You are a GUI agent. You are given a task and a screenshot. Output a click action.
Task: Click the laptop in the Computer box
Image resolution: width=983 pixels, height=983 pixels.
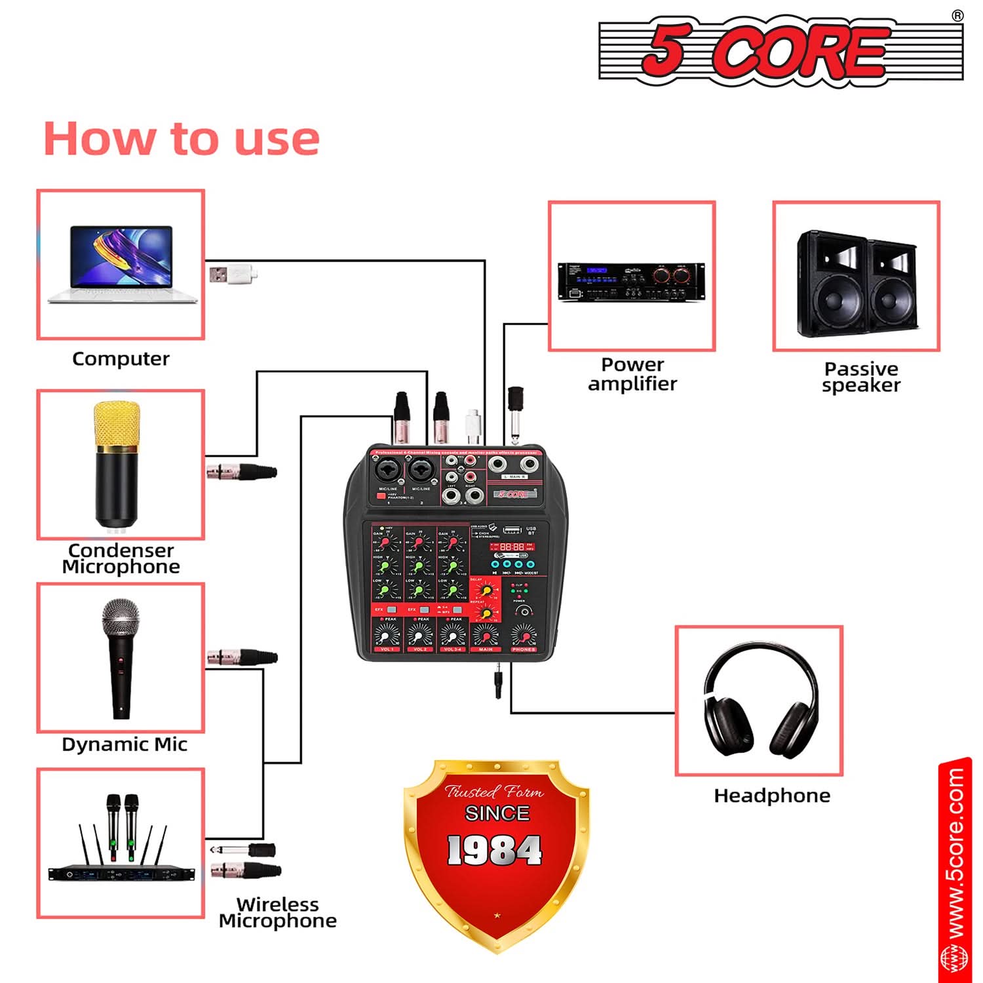122,265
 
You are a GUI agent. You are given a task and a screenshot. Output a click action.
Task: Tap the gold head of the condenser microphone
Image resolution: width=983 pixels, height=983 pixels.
117,424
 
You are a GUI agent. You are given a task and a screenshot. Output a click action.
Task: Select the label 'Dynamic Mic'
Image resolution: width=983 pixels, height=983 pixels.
125,744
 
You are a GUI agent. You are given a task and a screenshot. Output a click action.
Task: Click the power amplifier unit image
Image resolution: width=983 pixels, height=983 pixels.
631,281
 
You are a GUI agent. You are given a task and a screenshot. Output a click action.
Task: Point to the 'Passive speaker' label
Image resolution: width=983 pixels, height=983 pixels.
861,377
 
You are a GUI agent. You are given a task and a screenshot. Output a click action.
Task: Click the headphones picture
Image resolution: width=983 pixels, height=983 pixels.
760,701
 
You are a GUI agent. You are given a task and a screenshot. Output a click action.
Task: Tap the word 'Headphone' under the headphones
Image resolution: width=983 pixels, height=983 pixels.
772,796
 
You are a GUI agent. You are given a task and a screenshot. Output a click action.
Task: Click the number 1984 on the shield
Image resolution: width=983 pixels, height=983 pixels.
495,850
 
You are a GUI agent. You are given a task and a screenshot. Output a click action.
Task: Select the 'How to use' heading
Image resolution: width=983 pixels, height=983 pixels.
182,139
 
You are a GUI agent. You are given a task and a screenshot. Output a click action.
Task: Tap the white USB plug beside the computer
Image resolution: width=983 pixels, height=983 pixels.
233,273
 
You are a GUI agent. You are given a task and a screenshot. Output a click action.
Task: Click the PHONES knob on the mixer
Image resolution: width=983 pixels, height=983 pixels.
523,635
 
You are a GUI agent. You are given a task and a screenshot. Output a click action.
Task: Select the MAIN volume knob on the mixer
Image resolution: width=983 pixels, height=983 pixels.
486,635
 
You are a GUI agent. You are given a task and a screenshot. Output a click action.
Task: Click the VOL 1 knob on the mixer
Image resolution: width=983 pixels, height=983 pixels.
386,635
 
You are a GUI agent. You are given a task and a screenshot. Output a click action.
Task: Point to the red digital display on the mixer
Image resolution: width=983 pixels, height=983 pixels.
512,546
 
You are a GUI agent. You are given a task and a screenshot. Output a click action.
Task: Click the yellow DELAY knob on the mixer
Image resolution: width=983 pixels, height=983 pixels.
486,590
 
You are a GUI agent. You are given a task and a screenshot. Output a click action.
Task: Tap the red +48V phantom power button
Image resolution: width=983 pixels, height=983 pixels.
381,496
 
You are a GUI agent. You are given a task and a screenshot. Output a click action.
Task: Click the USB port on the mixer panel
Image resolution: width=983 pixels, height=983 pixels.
512,530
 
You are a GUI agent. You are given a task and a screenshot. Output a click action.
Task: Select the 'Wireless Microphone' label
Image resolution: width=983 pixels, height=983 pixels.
278,912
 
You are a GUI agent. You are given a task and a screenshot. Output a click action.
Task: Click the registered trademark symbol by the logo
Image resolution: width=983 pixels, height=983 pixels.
957,16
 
